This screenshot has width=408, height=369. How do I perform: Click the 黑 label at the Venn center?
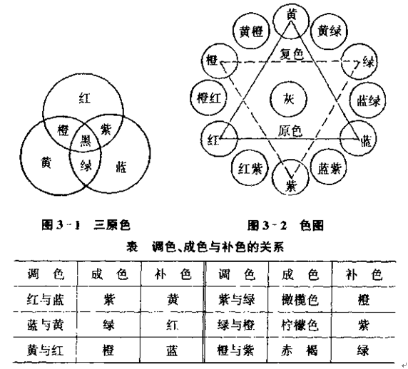86,140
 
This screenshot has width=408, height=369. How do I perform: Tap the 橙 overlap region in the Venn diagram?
63,130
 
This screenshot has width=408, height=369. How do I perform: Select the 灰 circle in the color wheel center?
289,99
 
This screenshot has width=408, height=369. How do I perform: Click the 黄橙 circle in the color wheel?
251,32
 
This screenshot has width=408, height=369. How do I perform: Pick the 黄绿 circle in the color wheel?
330,31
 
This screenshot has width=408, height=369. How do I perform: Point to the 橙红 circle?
209,98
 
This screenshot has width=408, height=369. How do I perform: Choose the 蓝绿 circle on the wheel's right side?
368,100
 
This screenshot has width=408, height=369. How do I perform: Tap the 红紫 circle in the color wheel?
250,168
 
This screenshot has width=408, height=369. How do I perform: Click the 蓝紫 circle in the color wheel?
329,167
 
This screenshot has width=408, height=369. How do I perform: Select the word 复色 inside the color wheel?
292,54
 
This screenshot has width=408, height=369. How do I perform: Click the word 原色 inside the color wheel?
290,130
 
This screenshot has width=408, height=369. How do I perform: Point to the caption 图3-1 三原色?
86,225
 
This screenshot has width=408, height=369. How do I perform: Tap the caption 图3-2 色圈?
285,225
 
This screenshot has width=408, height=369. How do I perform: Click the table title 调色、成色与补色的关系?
218,246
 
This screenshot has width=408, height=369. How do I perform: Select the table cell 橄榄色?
300,300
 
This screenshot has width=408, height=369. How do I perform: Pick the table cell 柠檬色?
300,325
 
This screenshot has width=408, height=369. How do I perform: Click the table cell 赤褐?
300,350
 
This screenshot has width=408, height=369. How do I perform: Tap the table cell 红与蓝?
46,300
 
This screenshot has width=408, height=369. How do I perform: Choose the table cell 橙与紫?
236,350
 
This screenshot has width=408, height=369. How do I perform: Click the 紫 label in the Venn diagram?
106,129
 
